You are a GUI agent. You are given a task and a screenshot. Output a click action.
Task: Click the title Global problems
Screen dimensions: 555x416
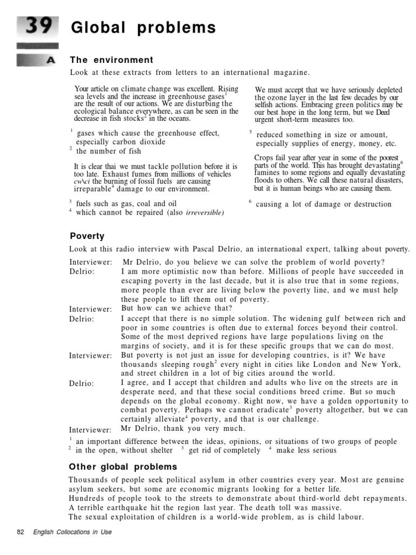pyautogui.click(x=143, y=28)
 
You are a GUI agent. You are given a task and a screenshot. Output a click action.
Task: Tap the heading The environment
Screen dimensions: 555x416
pyautogui.click(x=112, y=60)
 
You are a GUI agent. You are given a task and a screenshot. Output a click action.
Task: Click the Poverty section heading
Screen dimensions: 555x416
pyautogui.click(x=87, y=236)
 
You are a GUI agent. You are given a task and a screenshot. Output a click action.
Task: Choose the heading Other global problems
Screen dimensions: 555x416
pyautogui.click(x=123, y=467)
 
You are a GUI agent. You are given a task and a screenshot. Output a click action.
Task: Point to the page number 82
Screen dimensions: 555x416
pyautogui.click(x=21, y=532)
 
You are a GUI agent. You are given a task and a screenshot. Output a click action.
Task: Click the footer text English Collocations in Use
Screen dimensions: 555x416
pyautogui.click(x=72, y=532)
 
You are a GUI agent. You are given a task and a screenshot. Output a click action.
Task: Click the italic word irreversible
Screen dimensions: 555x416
pyautogui.click(x=204, y=213)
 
